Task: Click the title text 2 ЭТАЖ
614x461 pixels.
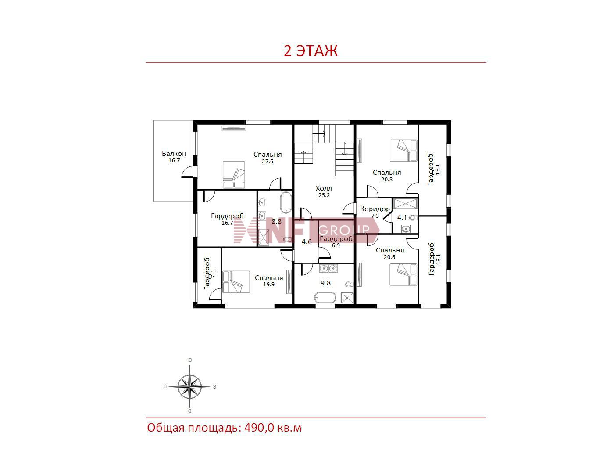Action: tap(311, 51)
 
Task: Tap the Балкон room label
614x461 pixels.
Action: tap(174, 154)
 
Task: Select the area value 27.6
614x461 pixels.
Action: tap(268, 162)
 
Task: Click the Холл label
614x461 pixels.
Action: tap(324, 188)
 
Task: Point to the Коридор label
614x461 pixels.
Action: tap(375, 209)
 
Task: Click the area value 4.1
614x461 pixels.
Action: tap(402, 217)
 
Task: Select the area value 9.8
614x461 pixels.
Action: tap(325, 283)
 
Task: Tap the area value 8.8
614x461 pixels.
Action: tap(276, 222)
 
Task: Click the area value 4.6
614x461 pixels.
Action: tap(307, 242)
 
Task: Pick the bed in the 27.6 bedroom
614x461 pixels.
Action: tap(234, 174)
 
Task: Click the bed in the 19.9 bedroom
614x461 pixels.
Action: tap(236, 282)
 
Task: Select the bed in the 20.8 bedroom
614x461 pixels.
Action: tap(403, 151)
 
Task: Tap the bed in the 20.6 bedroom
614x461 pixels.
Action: tap(403, 274)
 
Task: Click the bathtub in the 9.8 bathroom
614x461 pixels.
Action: tap(325, 298)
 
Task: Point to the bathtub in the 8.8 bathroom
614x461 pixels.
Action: tap(286, 203)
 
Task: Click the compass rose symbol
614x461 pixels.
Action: tap(189, 386)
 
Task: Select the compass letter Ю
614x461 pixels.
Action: tap(189, 360)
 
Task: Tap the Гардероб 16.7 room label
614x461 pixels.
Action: tap(227, 219)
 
